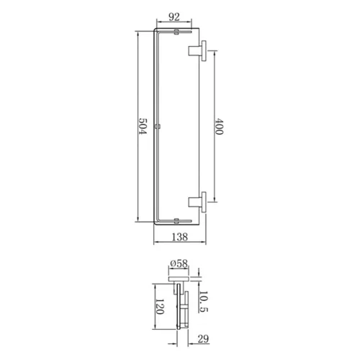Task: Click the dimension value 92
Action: [x=174, y=17]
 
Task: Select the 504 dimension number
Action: [x=143, y=126]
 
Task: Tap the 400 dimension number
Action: [x=219, y=126]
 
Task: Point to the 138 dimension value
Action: [x=180, y=237]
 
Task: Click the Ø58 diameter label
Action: [x=179, y=264]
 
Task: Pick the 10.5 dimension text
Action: [x=204, y=302]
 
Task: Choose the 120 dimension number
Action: [x=160, y=307]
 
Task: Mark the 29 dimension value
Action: [x=203, y=339]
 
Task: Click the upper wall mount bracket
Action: [x=197, y=50]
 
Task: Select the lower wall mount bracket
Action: [x=197, y=202]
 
